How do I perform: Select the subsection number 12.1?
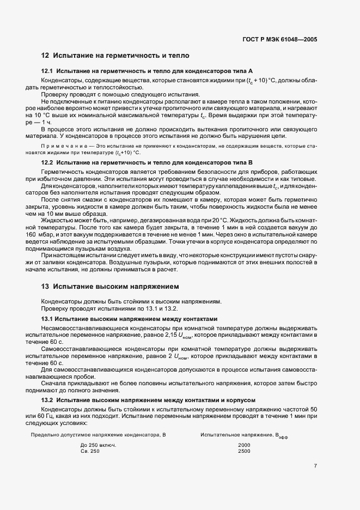[x=47, y=71]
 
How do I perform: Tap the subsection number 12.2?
[x=47, y=163]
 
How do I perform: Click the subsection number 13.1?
[x=47, y=318]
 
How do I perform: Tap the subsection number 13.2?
[x=47, y=400]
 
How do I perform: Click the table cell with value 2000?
[x=244, y=445]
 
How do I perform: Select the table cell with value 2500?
[x=244, y=451]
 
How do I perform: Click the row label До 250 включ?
[x=99, y=445]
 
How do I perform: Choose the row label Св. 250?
[x=90, y=451]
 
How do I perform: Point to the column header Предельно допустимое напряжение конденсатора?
[x=98, y=435]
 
